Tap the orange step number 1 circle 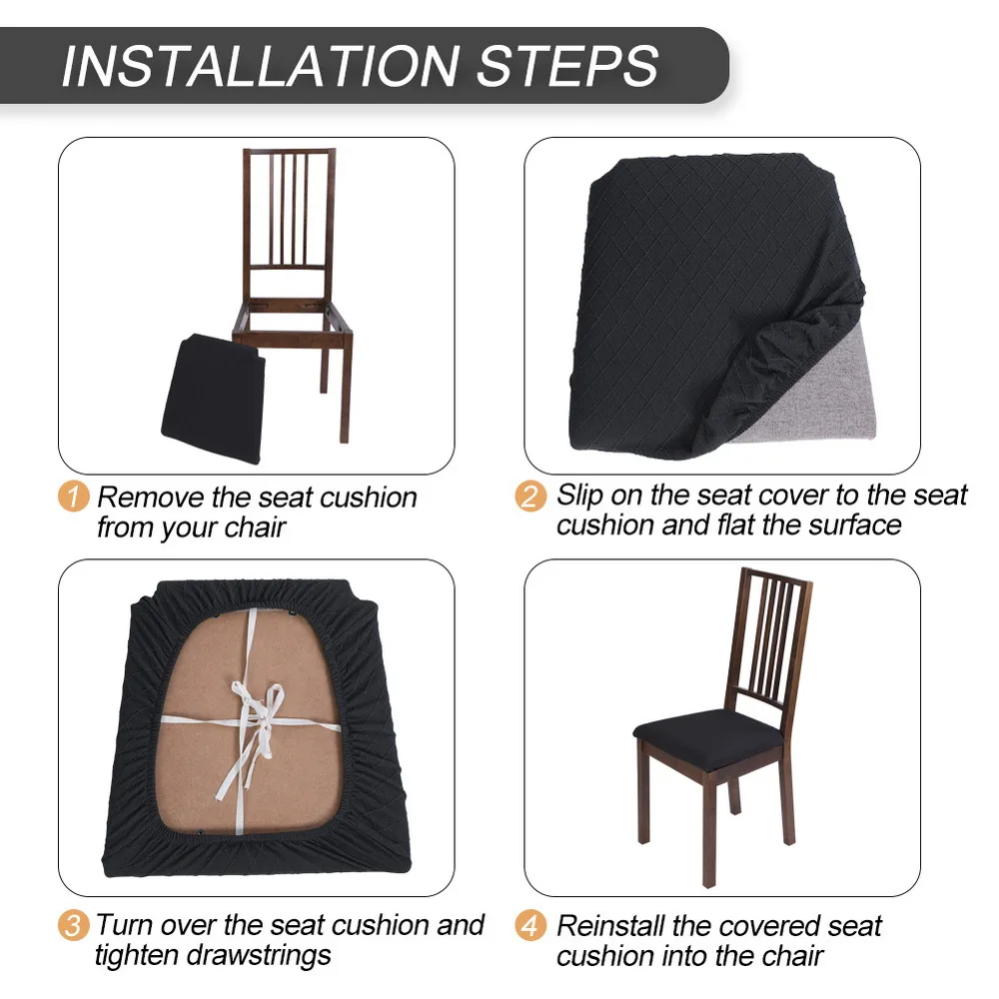(73, 497)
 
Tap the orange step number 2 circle (531, 497)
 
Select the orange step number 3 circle (73, 925)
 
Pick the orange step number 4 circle (531, 925)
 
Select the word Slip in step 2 (579, 495)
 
